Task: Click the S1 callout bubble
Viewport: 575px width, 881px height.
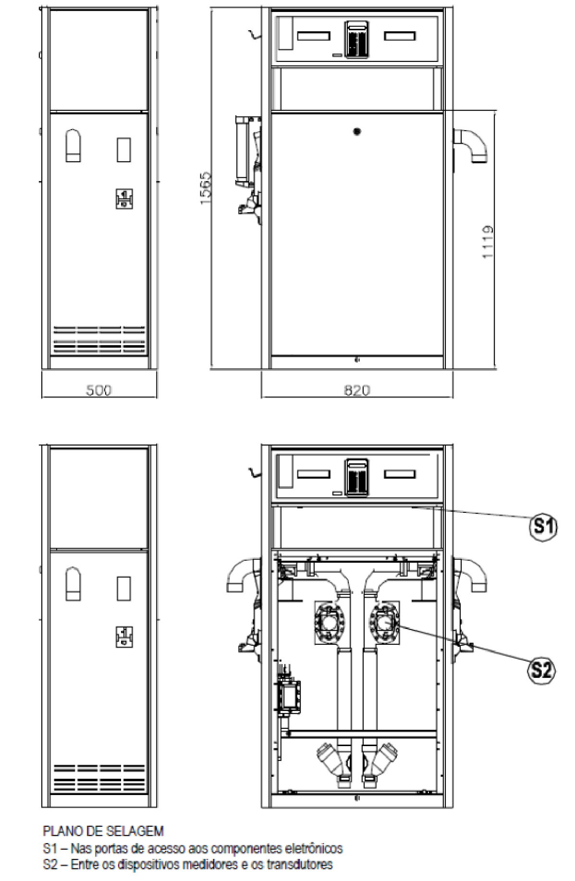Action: point(543,527)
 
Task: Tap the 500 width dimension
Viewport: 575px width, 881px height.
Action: point(98,390)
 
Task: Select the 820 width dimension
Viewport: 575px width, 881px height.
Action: point(357,390)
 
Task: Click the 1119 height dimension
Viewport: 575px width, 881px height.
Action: point(488,242)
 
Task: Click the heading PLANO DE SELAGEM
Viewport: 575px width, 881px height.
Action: point(103,831)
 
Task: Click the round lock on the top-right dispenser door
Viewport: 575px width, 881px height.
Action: point(356,131)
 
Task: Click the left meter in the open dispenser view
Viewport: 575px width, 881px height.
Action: point(330,623)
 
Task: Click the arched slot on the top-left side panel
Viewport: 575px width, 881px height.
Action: point(73,145)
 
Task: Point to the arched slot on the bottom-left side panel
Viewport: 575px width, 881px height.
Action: point(73,583)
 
